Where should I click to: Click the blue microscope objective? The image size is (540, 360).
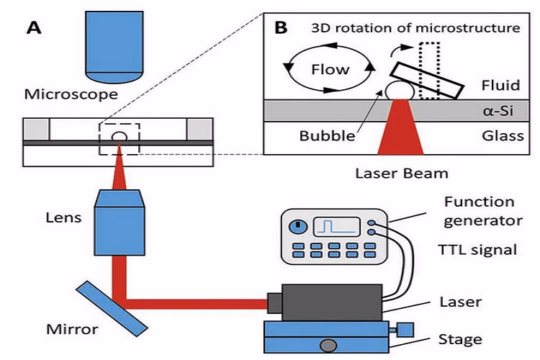click(114, 47)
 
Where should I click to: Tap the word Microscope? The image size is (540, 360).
click(71, 94)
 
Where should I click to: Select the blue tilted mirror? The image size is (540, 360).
click(112, 308)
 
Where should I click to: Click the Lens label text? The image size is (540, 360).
click(63, 217)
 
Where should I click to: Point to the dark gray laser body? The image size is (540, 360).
click(332, 303)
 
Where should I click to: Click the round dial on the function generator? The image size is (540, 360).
click(298, 226)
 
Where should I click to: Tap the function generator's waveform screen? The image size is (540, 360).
click(336, 226)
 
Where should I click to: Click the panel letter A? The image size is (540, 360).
click(34, 27)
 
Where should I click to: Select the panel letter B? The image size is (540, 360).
click(281, 27)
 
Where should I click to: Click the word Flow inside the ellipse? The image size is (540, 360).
click(330, 70)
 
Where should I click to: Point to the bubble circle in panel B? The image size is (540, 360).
click(400, 90)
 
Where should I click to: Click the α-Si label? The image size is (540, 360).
click(498, 111)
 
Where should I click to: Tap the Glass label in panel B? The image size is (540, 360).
click(503, 136)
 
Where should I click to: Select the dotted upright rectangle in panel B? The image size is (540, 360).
click(429, 71)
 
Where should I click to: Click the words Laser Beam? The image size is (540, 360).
click(402, 174)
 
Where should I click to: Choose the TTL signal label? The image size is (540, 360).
click(477, 250)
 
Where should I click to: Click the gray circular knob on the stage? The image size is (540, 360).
click(328, 346)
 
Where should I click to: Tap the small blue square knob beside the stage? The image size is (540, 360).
click(405, 330)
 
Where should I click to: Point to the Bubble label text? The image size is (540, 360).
click(327, 136)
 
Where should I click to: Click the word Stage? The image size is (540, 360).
click(460, 340)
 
